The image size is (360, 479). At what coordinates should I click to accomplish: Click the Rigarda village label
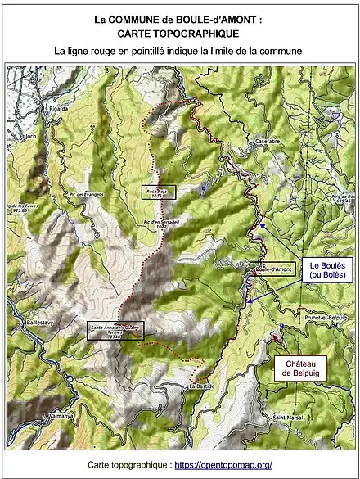(x=58, y=107)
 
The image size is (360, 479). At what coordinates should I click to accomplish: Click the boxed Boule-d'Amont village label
(x=272, y=269)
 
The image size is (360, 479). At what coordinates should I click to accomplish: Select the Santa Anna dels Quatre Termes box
(x=115, y=331)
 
